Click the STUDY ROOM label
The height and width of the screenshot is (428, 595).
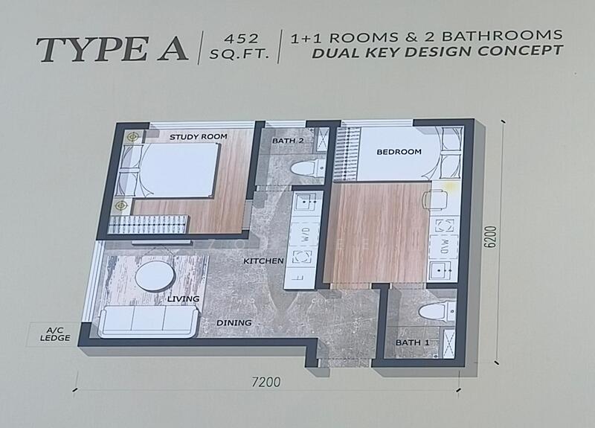point(198,137)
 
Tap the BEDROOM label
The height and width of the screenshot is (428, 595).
point(399,152)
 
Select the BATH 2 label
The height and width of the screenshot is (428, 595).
point(288,141)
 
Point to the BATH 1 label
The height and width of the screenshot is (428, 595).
point(413,342)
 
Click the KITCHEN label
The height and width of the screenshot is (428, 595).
point(263,261)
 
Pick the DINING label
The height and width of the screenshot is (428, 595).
point(234,323)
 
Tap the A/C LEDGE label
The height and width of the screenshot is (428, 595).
point(55,334)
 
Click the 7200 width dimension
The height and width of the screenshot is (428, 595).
point(266,382)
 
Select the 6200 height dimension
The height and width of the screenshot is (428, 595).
point(491,237)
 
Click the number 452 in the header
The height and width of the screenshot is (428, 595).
point(241,39)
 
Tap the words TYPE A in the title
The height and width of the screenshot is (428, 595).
point(112,49)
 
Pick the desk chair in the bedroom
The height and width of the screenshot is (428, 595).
point(434,199)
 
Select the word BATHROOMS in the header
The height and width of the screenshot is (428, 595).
point(502,36)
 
